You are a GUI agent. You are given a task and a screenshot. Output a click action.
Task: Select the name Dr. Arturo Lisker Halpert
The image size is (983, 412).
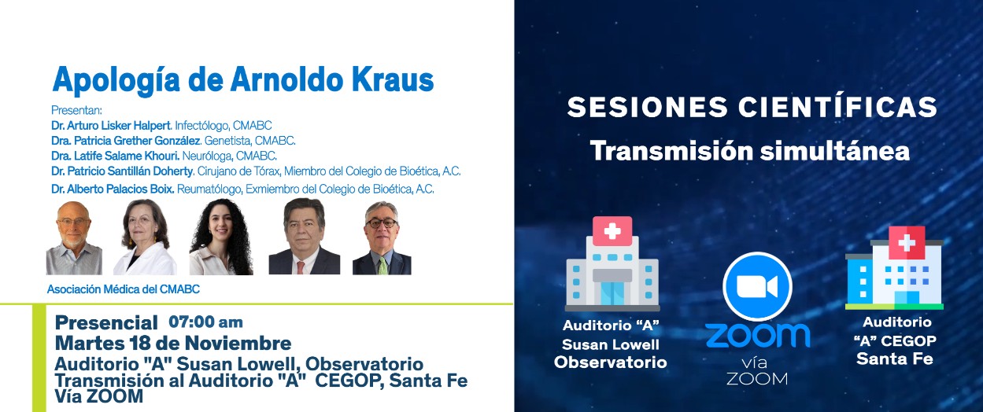(111, 126)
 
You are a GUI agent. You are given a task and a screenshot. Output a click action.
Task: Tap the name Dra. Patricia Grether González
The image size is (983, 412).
(126, 141)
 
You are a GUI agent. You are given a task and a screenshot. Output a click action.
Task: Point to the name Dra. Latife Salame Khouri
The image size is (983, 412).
(115, 156)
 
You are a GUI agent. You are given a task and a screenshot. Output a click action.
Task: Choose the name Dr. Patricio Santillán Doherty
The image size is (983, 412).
(122, 171)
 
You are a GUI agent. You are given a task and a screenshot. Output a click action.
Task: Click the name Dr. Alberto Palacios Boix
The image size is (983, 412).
(113, 189)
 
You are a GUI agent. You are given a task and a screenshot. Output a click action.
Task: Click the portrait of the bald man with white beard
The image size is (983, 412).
(74, 238)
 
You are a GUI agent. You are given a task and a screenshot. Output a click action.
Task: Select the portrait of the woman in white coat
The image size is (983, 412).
(145, 237)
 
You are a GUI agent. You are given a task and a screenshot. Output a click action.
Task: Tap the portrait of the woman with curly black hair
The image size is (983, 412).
(220, 237)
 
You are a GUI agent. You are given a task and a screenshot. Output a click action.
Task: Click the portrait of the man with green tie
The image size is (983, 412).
(382, 238)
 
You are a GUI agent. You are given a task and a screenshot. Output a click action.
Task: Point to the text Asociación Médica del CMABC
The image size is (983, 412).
(124, 289)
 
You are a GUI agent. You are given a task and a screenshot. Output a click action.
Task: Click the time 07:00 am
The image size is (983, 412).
(205, 322)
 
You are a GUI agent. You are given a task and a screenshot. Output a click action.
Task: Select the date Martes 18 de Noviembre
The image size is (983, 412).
(173, 343)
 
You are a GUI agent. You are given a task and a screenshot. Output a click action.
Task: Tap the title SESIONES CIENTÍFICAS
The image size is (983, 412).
(752, 107)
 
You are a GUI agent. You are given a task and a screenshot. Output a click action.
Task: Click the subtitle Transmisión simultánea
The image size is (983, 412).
(749, 151)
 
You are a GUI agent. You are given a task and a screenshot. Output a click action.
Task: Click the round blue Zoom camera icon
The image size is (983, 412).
(757, 287)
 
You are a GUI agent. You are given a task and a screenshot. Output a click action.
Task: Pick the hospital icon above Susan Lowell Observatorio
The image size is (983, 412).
(612, 263)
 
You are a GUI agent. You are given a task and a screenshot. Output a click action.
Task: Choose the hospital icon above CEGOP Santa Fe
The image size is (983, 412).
(894, 268)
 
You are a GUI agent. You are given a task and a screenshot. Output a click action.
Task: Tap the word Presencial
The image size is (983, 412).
(106, 323)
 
